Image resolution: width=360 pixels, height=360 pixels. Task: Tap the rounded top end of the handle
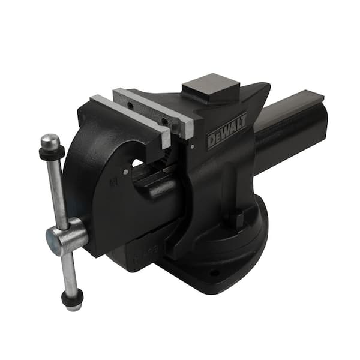point(50,140)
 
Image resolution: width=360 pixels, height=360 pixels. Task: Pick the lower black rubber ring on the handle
point(73,296)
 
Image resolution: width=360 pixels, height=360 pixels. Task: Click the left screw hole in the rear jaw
point(130,106)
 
